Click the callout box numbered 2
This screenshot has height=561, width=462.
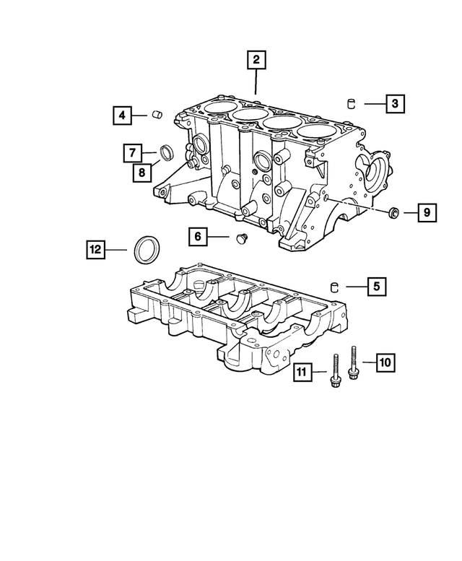pos(255,61)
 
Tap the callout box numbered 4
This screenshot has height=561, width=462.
pos(122,114)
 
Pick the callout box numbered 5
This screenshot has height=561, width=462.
pos(375,287)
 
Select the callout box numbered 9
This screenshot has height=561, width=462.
pos(426,212)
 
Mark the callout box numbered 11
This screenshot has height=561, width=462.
pos(303,373)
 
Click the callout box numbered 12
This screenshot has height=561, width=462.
pos(95,250)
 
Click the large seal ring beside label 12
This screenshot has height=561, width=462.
pos(148,249)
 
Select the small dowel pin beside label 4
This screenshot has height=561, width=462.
pos(157,114)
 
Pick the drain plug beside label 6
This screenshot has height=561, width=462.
pos(242,238)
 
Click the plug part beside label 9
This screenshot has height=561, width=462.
pos(393,212)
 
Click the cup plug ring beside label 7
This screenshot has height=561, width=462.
pos(167,152)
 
